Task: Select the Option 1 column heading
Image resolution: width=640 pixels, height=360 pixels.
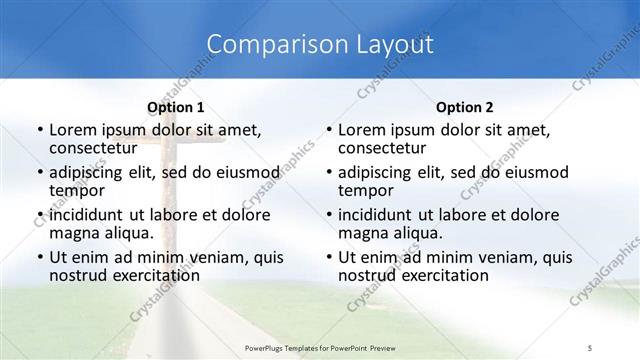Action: pyautogui.click(x=176, y=107)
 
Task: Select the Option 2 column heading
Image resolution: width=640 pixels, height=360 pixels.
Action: pyautogui.click(x=465, y=107)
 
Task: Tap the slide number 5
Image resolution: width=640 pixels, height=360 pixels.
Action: pyautogui.click(x=590, y=345)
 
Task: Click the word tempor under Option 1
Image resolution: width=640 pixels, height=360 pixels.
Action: pyautogui.click(x=75, y=190)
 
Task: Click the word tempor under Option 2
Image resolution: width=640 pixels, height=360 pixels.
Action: pyautogui.click(x=364, y=190)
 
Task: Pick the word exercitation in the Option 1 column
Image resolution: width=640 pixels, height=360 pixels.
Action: pyautogui.click(x=146, y=275)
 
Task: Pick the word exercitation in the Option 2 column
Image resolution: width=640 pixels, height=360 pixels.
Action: pyautogui.click(x=435, y=275)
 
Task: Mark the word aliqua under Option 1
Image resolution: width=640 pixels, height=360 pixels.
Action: pyautogui.click(x=128, y=233)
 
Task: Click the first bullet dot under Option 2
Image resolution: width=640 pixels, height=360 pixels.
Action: pyautogui.click(x=329, y=130)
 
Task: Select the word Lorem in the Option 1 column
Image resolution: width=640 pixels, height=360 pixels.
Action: pyautogui.click(x=72, y=130)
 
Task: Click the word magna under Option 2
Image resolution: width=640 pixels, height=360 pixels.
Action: pyautogui.click(x=363, y=233)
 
